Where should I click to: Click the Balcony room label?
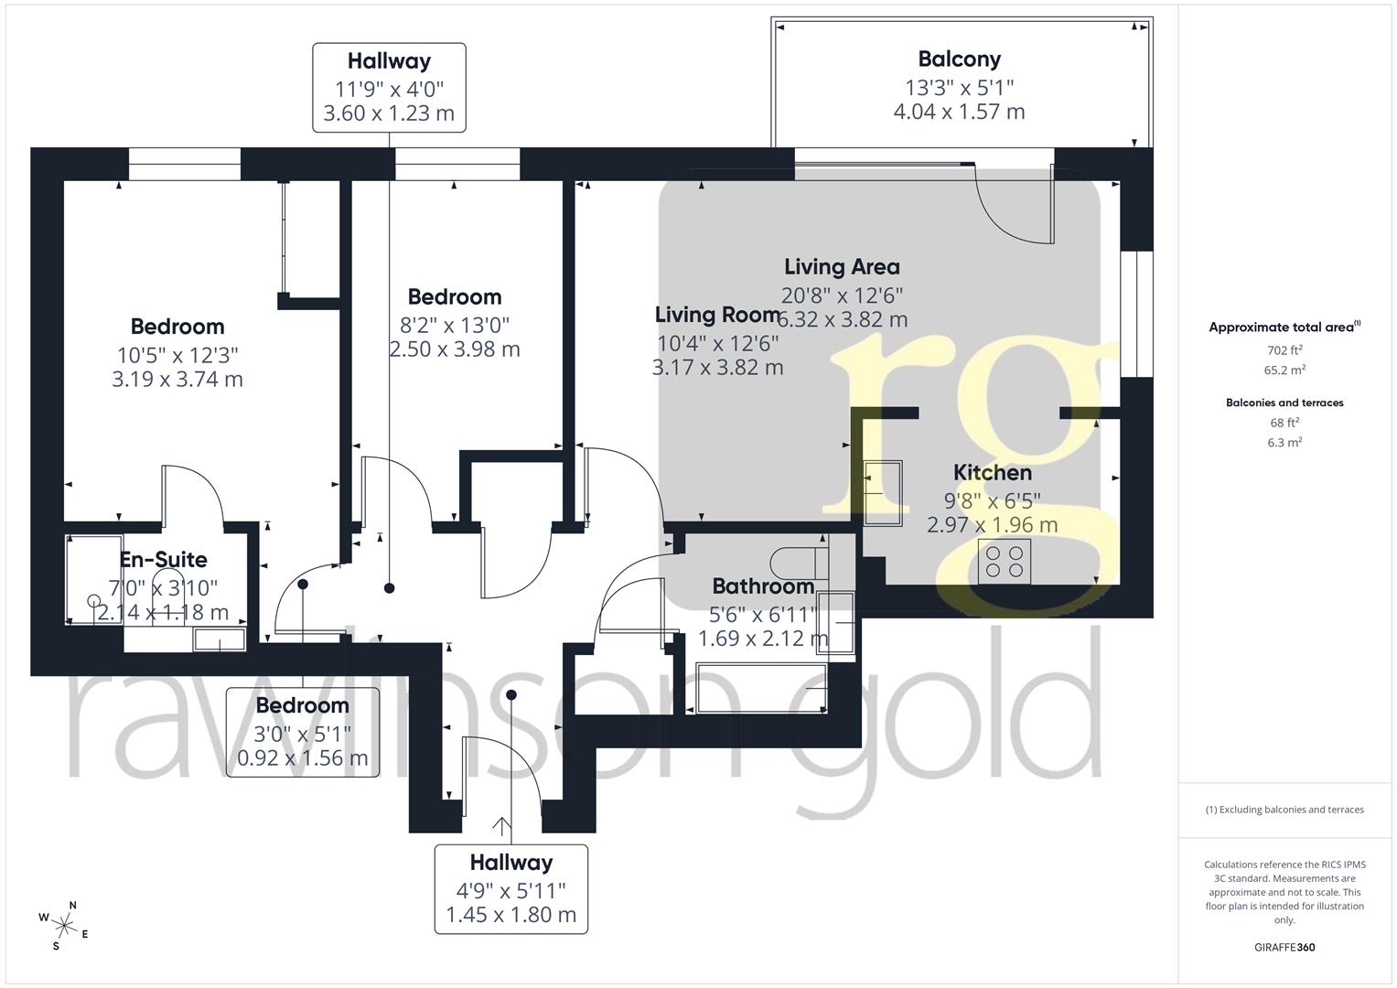pos(959,59)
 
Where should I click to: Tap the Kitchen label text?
pos(993,473)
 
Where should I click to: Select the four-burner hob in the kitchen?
pos(1005,562)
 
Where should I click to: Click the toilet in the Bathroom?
pos(800,564)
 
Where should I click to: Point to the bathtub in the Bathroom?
pos(761,688)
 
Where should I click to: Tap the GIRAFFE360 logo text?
pos(1284,948)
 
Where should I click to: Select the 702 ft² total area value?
pos(1284,349)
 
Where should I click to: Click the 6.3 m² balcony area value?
pos(1284,442)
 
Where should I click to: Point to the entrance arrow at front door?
pos(501,826)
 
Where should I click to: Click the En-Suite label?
pos(164,560)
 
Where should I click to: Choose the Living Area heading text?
pos(842,267)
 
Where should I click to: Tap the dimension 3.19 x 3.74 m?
pos(177,380)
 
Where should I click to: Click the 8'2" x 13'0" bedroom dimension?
pos(455,325)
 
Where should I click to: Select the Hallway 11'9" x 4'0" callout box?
pos(389,87)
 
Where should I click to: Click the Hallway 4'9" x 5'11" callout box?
pos(511,889)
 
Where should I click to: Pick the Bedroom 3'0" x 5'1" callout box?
pos(303,732)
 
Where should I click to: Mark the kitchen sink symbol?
pos(883,493)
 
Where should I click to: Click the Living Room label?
pos(717,315)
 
